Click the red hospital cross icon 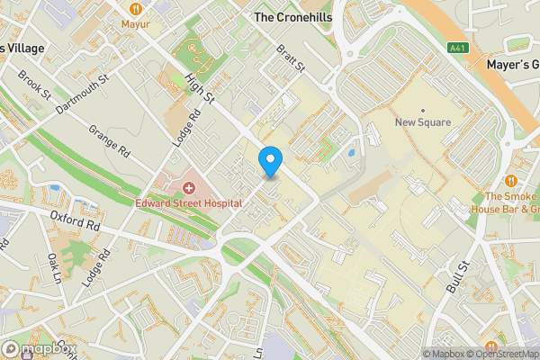[189, 187]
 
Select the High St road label [198, 87]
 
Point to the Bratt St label [292, 60]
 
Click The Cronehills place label [292, 17]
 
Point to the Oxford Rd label [75, 221]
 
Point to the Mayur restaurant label [135, 24]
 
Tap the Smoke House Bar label [511, 203]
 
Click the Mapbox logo [39, 347]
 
